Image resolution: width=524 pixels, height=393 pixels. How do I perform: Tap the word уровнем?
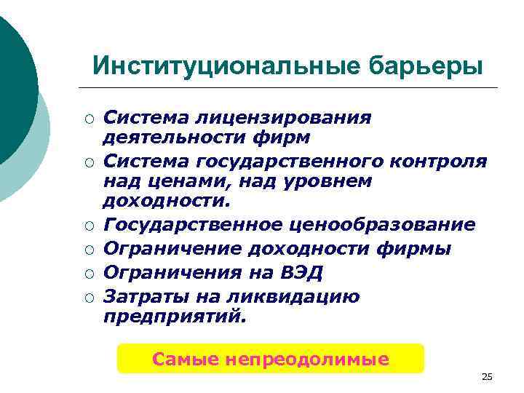tap(325, 179)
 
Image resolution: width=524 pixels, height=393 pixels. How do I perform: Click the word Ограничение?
tap(174, 249)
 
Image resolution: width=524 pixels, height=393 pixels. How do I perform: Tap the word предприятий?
tap(174, 317)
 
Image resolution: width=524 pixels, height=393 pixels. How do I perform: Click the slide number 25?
tap(487, 376)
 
